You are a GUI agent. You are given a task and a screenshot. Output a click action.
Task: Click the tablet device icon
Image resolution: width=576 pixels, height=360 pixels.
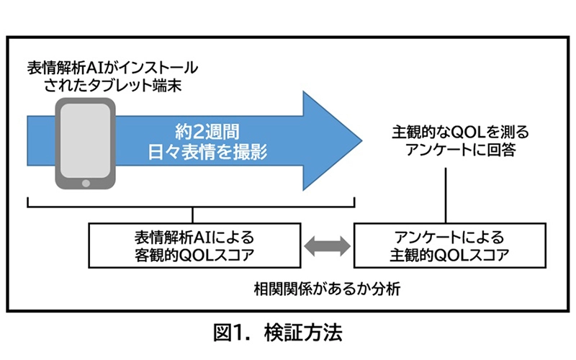[86, 144]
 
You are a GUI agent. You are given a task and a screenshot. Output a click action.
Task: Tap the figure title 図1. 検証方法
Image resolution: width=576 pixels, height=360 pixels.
[287, 333]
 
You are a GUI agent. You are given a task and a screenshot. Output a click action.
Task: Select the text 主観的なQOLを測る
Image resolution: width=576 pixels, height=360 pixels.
[449, 133]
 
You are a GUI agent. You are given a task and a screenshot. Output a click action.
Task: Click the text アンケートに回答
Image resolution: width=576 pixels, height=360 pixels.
[449, 153]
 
